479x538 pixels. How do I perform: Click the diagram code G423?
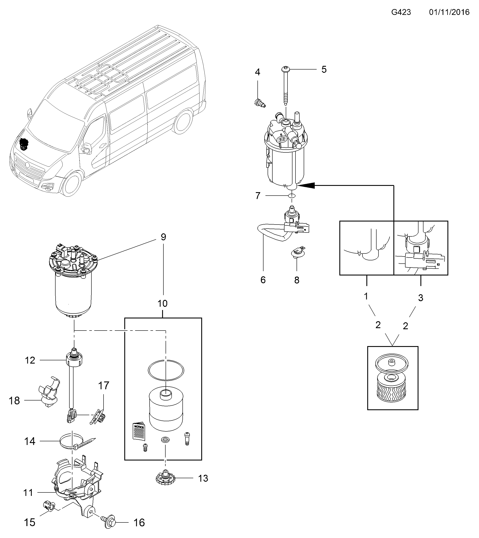[x=401, y=12]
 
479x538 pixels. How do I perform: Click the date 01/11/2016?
[x=449, y=12]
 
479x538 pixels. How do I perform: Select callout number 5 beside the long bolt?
[x=324, y=70]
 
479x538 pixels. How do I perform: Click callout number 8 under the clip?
[x=297, y=280]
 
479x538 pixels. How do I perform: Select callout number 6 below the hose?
[x=263, y=280]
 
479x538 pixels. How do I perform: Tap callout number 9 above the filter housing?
[x=163, y=237]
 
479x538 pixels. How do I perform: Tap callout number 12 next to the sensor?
[x=30, y=360]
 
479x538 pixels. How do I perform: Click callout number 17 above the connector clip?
[x=104, y=386]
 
